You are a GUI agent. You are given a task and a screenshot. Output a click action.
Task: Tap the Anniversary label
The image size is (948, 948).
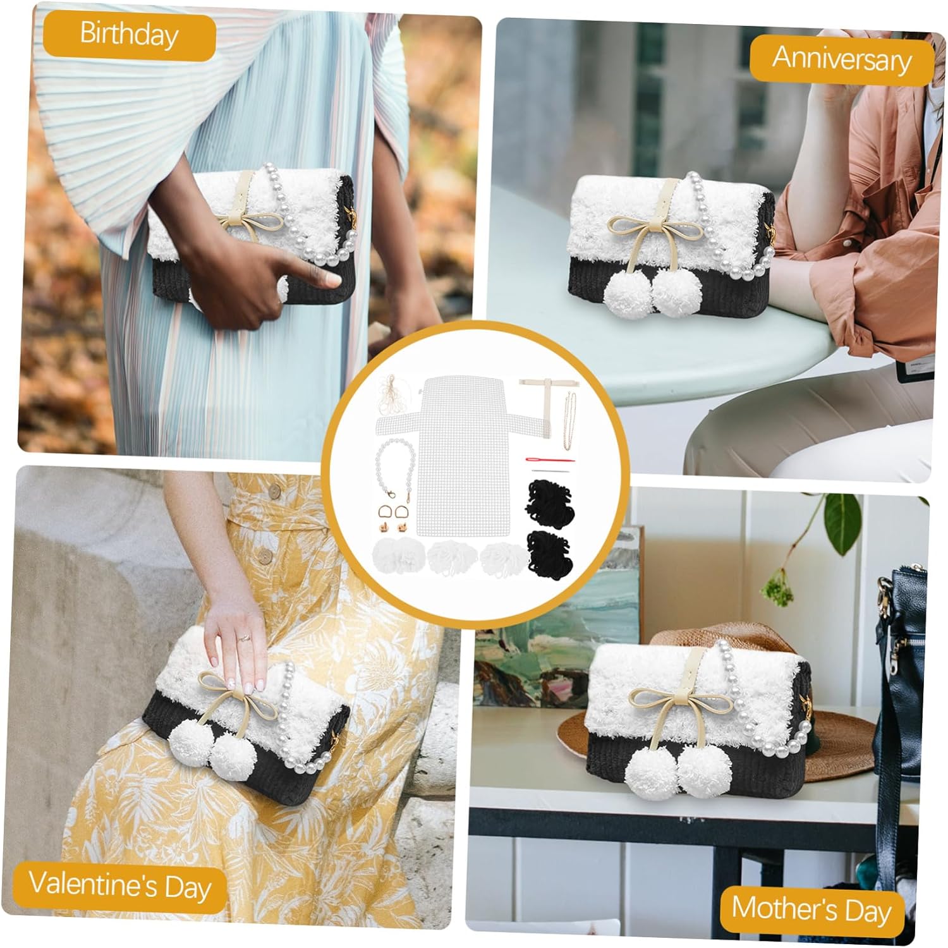[x=841, y=59]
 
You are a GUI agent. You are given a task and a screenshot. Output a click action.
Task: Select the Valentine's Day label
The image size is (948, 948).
[x=120, y=885]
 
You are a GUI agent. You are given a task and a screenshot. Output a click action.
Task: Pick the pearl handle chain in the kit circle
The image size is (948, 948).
[x=395, y=467]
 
